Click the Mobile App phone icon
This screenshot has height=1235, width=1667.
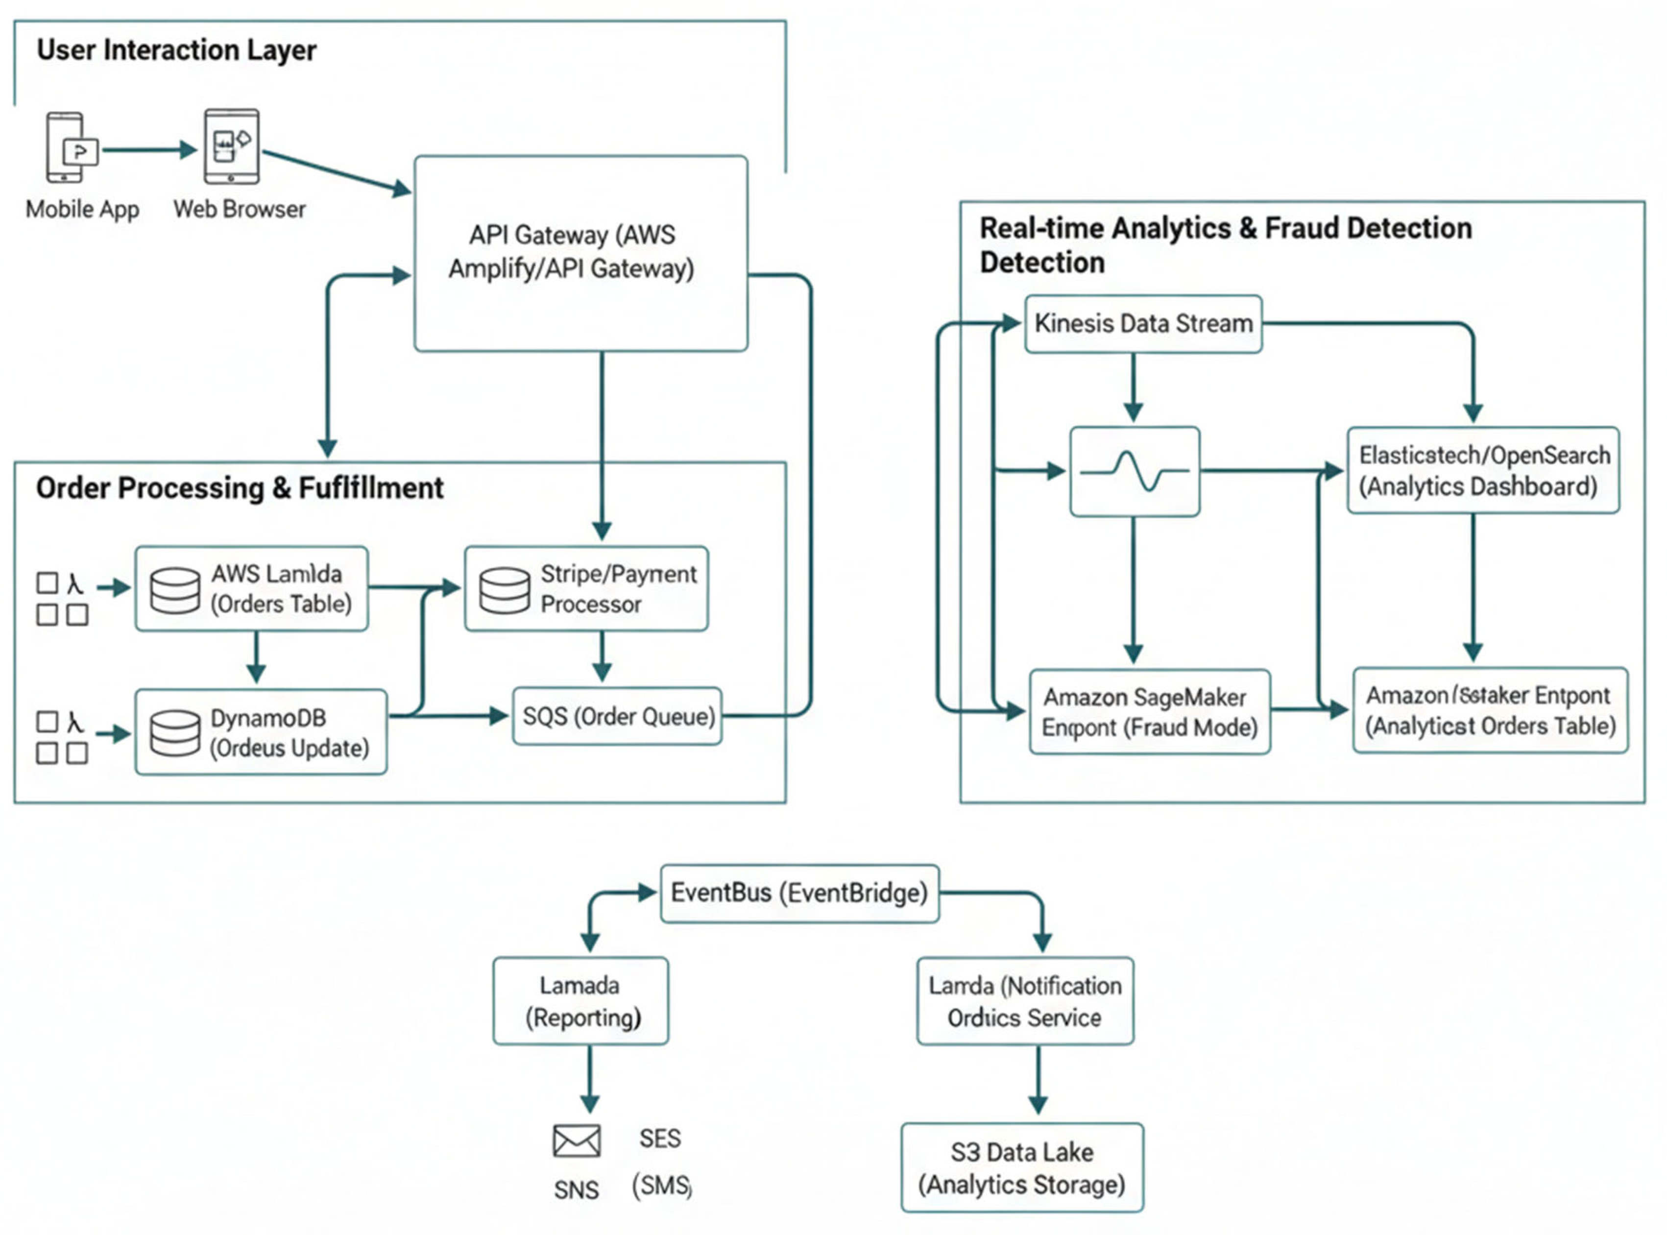click(66, 147)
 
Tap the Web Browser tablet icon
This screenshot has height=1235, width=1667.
click(232, 146)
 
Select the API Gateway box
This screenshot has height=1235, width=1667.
click(581, 253)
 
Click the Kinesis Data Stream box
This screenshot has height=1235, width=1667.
click(1143, 324)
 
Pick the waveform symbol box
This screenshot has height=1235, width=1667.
click(1134, 471)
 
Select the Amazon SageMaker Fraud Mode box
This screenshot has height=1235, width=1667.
click(1149, 712)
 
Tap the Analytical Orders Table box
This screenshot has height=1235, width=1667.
click(1490, 710)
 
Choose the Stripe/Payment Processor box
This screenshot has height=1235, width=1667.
click(586, 588)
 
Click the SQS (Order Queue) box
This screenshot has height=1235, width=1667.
click(617, 716)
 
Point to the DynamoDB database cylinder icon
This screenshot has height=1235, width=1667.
click(175, 733)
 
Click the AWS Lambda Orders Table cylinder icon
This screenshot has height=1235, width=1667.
click(175, 590)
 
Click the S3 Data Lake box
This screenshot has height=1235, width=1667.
click(1022, 1168)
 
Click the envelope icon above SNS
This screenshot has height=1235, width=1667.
click(577, 1141)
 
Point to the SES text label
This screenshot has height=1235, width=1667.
click(659, 1138)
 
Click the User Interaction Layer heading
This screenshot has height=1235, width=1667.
click(176, 50)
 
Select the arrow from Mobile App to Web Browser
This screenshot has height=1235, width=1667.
click(149, 150)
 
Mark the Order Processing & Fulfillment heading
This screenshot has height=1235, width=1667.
click(239, 488)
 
